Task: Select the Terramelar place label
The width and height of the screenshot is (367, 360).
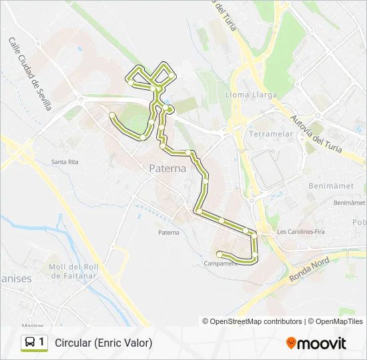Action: tap(271, 134)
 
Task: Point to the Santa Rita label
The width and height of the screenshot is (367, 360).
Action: tap(65, 162)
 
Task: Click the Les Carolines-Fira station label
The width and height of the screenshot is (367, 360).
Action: tap(300, 232)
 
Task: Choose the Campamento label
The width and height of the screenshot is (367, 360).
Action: tap(221, 263)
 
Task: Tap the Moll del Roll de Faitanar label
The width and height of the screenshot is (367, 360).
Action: tap(73, 271)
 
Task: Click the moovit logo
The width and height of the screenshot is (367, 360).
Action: tap(316, 343)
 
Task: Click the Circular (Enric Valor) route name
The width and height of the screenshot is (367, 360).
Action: tap(103, 343)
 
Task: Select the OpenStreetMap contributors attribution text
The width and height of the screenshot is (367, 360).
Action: tap(256, 321)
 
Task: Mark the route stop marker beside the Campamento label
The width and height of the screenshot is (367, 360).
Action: tap(220, 253)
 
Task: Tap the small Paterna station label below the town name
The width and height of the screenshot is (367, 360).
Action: tap(169, 232)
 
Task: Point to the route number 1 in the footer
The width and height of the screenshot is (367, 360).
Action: tap(42, 342)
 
